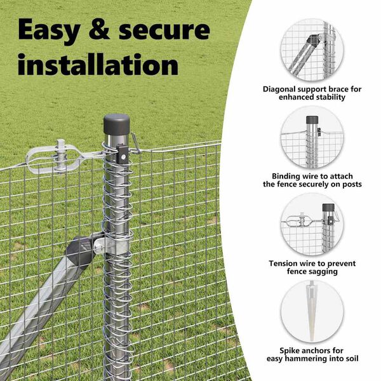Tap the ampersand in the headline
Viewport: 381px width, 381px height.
(x=99, y=29)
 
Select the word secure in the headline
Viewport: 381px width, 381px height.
(x=164, y=30)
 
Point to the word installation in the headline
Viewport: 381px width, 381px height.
(x=98, y=64)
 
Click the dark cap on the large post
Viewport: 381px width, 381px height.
(x=116, y=124)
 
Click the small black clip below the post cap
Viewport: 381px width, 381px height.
(x=122, y=154)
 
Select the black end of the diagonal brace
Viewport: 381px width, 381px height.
(x=81, y=251)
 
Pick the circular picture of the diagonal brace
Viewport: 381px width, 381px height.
(x=312, y=50)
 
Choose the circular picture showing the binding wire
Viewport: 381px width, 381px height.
(x=312, y=137)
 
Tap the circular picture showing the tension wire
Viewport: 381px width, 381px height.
(x=312, y=225)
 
